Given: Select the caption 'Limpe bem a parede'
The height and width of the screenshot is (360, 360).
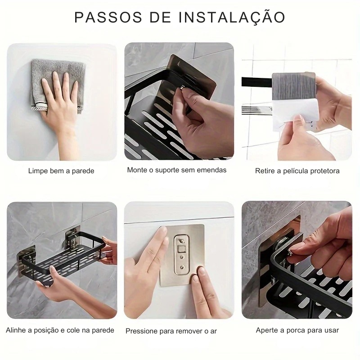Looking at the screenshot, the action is [x=61, y=171].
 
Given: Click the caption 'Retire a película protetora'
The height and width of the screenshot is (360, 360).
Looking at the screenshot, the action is [x=297, y=171].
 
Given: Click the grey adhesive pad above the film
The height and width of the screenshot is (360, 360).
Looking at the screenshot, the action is [x=293, y=86].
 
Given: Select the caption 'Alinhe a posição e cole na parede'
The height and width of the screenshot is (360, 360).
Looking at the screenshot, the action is [x=60, y=330].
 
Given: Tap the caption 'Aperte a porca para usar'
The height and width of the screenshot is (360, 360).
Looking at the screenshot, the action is [x=297, y=330].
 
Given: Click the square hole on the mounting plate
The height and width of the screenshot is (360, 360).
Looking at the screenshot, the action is [x=182, y=248].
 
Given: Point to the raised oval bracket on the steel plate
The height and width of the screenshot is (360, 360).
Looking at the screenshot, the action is [x=182, y=254].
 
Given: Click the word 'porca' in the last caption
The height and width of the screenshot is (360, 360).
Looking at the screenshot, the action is [x=295, y=331].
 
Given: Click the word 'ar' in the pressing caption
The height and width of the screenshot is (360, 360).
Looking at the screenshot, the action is [x=213, y=332].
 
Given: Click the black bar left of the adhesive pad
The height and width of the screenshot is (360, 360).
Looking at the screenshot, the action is [x=256, y=82].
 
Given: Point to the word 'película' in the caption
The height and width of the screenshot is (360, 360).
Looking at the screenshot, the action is [x=296, y=171].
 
